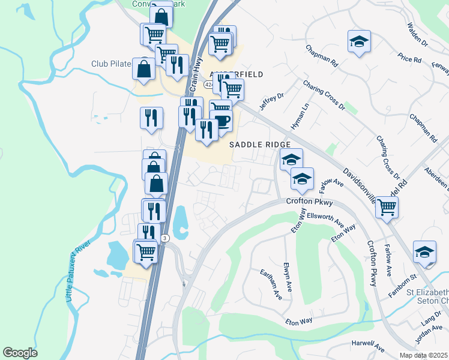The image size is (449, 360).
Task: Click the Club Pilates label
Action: pyautogui.click(x=112, y=64)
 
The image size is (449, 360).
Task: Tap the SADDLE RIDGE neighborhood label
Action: pyautogui.click(x=261, y=145)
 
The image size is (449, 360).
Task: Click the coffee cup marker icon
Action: pyautogui.click(x=221, y=120)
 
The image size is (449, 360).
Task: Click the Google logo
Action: pyautogui.click(x=20, y=352)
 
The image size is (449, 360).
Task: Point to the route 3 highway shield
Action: pyautogui.click(x=164, y=238)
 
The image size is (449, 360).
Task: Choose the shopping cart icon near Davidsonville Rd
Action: pyautogui.click(x=387, y=207)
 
